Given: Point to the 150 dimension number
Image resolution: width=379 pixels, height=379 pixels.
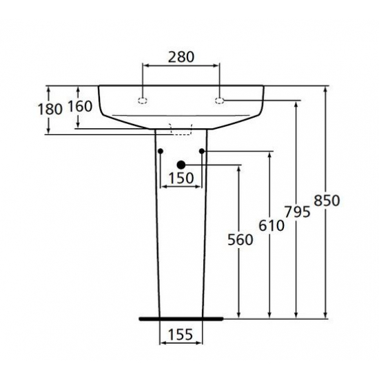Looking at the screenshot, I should click(181, 178).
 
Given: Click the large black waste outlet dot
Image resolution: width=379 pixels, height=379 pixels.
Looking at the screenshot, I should click(181, 165).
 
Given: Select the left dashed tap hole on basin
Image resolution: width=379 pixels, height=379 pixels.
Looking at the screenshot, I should click(143, 101).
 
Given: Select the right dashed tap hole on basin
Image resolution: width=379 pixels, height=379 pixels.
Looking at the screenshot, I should click(220, 101).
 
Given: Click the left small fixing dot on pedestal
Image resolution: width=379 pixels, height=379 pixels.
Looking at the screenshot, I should click(160, 151).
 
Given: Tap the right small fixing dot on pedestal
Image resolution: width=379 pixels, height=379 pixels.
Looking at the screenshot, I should click(202, 151).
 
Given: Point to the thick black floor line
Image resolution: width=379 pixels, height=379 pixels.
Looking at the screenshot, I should click(181, 319).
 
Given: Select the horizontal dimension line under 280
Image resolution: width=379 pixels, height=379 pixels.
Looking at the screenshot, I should click(181, 66).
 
